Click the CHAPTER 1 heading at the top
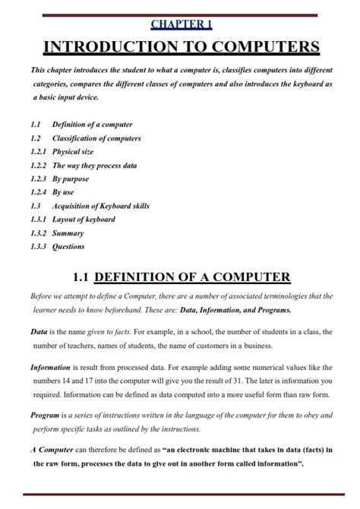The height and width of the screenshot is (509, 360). pyautogui.click(x=181, y=24)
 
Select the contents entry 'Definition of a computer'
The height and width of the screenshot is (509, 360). pyautogui.click(x=92, y=124)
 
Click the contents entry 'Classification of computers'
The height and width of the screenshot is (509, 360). pyautogui.click(x=96, y=138)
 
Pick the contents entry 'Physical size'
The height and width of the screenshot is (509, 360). pyautogui.click(x=73, y=152)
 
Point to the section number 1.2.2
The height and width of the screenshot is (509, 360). pyautogui.click(x=39, y=166)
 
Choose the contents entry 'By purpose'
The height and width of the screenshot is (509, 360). pyautogui.click(x=70, y=179)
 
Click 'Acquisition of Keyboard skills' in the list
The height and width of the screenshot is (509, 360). pyautogui.click(x=100, y=206)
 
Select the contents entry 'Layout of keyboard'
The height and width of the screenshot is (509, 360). pyautogui.click(x=84, y=220)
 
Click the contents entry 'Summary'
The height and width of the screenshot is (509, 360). pyautogui.click(x=68, y=233)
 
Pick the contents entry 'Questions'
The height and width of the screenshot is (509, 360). pyautogui.click(x=68, y=247)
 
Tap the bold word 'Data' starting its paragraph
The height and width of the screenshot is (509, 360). pyautogui.click(x=39, y=332)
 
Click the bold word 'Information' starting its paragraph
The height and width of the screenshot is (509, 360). pyautogui.click(x=51, y=368)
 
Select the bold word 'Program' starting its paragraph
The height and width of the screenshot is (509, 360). pyautogui.click(x=45, y=416)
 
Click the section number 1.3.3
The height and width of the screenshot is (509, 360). pyautogui.click(x=39, y=247)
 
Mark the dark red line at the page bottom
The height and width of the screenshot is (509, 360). pyautogui.click(x=180, y=495)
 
